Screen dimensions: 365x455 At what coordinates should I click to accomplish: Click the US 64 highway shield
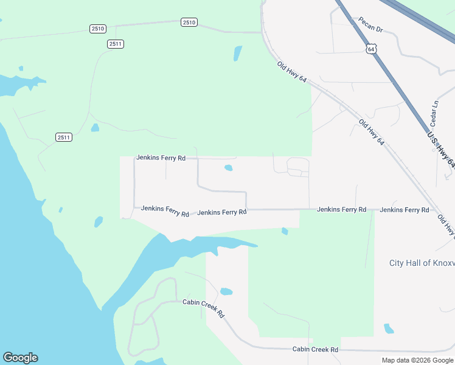[372, 47]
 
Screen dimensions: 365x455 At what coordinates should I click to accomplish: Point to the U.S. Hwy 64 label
[442, 149]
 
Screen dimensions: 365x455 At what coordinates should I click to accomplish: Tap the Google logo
[20, 358]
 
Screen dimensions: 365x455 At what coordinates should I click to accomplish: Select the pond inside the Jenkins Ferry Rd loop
[229, 168]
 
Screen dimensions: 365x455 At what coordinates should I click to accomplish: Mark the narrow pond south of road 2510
[237, 54]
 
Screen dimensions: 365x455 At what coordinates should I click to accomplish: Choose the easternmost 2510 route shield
[189, 23]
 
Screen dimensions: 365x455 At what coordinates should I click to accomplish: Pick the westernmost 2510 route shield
[97, 29]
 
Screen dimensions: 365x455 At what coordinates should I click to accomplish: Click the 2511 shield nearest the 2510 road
[116, 44]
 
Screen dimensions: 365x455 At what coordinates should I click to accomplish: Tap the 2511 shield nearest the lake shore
[64, 137]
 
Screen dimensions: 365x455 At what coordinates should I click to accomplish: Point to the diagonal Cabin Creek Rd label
[204, 308]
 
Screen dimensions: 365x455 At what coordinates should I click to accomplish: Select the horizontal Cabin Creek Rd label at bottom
[315, 349]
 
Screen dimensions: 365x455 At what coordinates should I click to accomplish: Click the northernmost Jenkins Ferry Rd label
[161, 158]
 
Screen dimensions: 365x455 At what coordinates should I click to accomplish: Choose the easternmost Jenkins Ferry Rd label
[405, 210]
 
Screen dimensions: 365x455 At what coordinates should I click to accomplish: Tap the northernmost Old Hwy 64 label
[291, 72]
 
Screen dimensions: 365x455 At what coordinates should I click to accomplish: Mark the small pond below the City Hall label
[389, 328]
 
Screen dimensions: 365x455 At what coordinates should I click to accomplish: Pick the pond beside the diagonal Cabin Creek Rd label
[226, 291]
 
